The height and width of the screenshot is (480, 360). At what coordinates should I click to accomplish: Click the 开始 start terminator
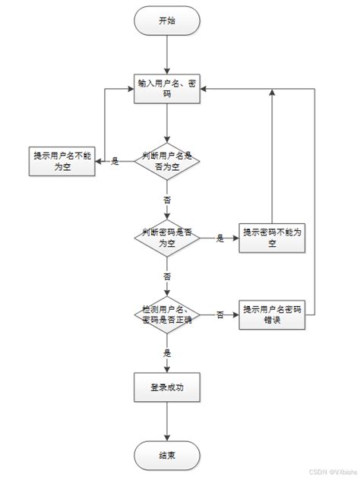click(166, 21)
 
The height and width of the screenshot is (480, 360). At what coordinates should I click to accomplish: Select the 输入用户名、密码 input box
click(166, 87)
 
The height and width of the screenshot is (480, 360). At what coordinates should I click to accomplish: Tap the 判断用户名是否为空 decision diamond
click(167, 161)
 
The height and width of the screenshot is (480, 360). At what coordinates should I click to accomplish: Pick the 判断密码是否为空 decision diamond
click(167, 238)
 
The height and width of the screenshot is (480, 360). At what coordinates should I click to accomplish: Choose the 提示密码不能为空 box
click(272, 238)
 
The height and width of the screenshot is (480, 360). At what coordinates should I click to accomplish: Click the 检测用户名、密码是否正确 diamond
click(167, 314)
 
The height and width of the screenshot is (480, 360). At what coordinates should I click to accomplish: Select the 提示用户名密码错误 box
click(272, 314)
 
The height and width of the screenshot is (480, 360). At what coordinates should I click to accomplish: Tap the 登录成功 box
click(166, 387)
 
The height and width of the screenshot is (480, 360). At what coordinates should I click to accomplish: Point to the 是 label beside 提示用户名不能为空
click(115, 161)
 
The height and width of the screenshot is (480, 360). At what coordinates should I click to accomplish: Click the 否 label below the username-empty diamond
click(167, 199)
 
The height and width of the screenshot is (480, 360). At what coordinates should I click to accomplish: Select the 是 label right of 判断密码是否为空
click(219, 238)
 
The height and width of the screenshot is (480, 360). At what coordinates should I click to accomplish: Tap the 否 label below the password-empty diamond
click(167, 276)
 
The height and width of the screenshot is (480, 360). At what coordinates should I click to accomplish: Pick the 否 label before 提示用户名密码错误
click(219, 314)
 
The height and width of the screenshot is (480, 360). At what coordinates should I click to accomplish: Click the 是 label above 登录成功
click(167, 352)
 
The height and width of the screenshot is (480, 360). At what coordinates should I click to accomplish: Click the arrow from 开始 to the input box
click(166, 53)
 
